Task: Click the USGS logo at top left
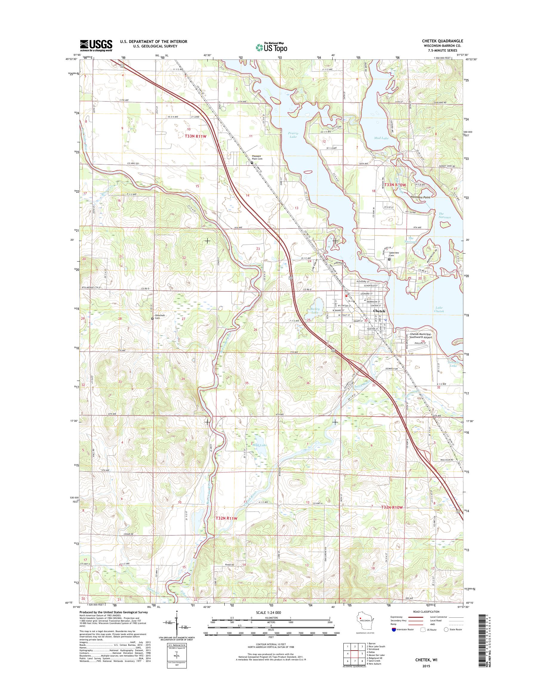coord(96,45)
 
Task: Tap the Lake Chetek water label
coord(439,310)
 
